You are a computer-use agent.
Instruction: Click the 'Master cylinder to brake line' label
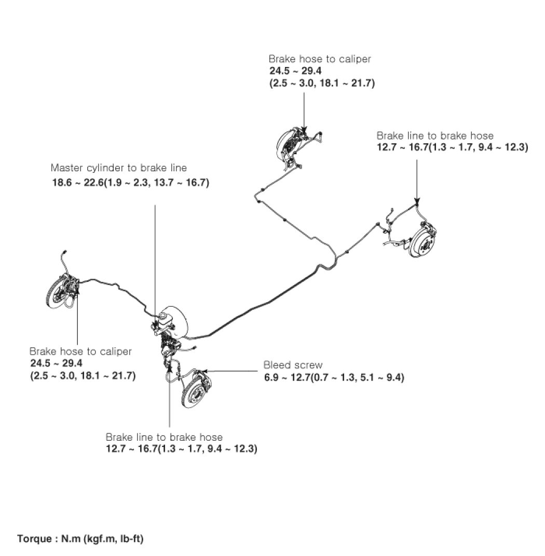[x=119, y=168]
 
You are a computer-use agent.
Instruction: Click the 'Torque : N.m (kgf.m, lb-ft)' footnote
[x=80, y=538]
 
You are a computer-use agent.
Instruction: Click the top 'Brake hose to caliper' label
[x=320, y=59]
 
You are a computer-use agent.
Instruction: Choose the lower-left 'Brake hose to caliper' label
[x=80, y=351]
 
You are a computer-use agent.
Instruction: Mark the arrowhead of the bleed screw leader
[x=207, y=371]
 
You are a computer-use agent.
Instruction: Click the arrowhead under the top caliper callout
[x=304, y=130]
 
